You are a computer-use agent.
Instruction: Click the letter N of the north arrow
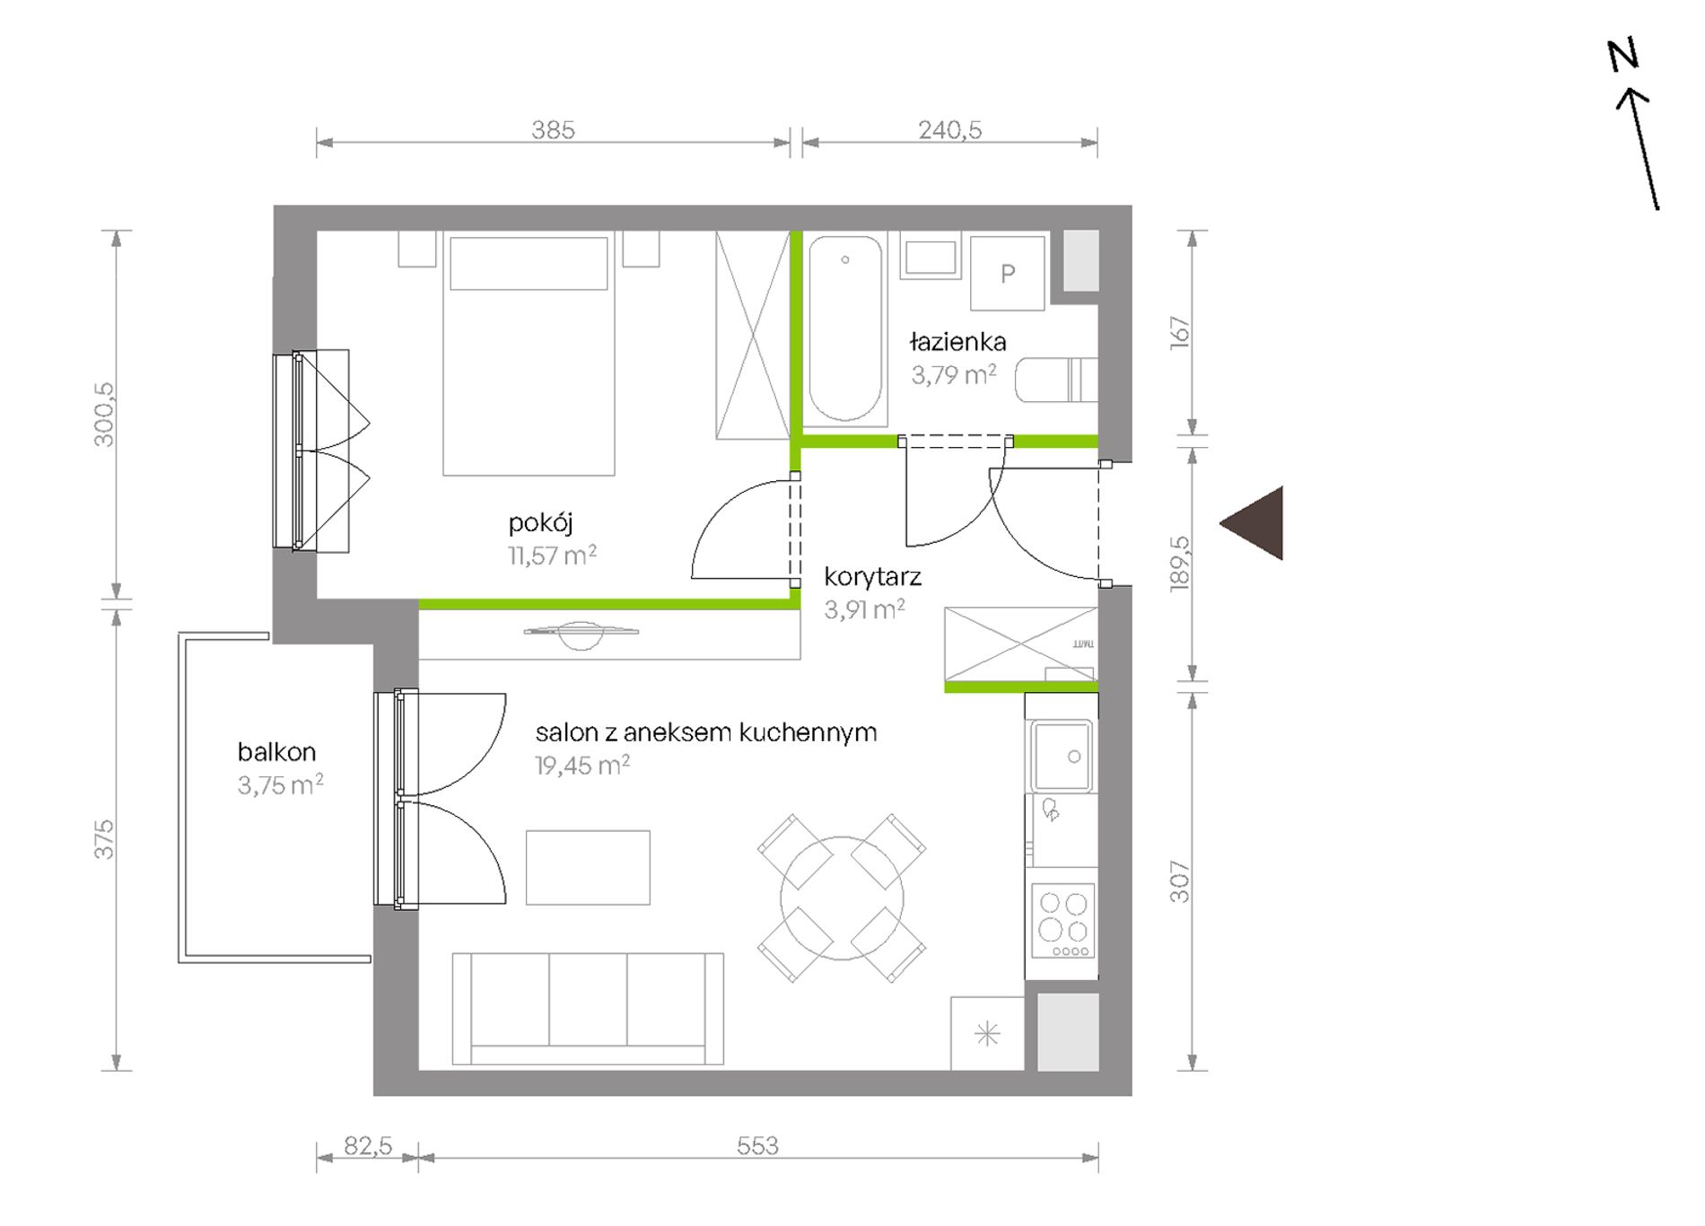pos(1623,55)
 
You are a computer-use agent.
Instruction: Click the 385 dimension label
pos(553,130)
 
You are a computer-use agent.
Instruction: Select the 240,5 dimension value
pos(949,130)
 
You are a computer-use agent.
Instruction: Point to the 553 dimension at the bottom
pos(757,1145)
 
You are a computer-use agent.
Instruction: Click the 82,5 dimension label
pos(368,1146)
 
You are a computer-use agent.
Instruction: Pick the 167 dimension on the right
pos(1180,332)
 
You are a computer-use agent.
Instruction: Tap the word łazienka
pos(957,342)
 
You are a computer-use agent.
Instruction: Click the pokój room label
pos(540,522)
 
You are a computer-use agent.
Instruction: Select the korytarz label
pos(872,577)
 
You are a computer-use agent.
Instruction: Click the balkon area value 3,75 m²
pos(280,785)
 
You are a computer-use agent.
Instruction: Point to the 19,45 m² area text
pos(582,766)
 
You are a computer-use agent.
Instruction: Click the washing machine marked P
pos(1008,274)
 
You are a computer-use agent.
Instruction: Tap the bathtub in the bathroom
pos(844,328)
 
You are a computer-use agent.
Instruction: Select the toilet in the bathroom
pos(1056,380)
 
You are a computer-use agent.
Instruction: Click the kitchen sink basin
pos(1062,756)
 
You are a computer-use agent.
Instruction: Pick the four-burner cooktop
pos(1063,921)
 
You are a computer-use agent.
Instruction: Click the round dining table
pos(842,898)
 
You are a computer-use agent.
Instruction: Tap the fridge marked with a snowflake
pos(987,1034)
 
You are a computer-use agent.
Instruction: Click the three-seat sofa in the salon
pos(588,1009)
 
